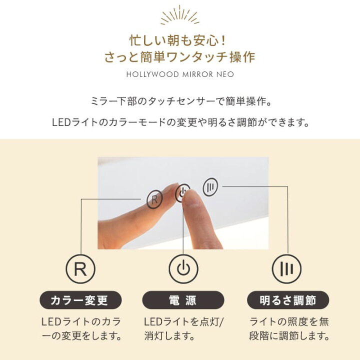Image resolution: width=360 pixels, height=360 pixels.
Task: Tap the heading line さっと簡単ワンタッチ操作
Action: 180,57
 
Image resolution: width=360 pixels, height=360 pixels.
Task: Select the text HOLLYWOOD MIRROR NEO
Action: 180,74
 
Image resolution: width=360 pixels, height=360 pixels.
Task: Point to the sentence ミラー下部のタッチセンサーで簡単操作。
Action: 180,101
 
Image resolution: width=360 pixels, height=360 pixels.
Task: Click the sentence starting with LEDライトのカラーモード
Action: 180,122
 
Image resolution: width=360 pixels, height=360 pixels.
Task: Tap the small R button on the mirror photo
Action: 154,200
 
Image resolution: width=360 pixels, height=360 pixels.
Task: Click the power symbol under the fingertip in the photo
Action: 182,193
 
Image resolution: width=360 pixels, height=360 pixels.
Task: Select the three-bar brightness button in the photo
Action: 210,187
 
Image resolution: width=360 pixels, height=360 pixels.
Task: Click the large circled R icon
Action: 80,269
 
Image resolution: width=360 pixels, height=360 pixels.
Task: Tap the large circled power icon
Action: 183,269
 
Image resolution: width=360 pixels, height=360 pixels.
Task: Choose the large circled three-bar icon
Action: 287,269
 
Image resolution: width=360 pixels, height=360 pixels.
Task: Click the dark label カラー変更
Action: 80,300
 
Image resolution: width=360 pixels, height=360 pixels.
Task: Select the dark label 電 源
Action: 183,300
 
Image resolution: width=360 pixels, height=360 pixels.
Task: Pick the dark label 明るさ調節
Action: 288,300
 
